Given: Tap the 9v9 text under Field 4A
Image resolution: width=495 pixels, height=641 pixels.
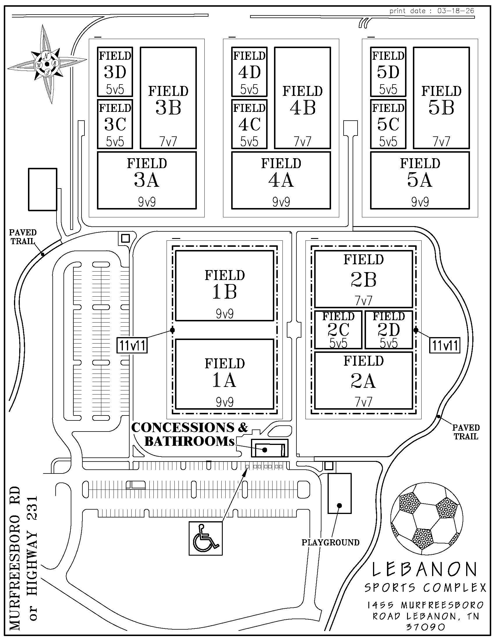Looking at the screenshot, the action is point(281,202).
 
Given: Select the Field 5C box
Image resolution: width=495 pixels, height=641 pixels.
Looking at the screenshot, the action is point(388,124).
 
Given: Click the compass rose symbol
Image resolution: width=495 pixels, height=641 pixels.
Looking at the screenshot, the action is point(47,64).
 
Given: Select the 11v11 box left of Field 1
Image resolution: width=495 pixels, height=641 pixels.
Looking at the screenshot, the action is point(132,346).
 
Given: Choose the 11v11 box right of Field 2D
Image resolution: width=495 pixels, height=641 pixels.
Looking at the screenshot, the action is point(445,346).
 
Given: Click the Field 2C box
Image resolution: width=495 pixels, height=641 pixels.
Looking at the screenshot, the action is point(338,330).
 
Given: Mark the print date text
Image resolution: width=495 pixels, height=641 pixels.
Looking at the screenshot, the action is point(432,11).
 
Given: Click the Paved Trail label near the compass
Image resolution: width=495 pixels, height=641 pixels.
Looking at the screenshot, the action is point(23,237).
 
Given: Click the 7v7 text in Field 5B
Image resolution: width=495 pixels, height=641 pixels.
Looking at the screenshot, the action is point(442,142).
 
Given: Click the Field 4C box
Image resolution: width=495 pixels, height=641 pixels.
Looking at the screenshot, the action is point(250,124).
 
